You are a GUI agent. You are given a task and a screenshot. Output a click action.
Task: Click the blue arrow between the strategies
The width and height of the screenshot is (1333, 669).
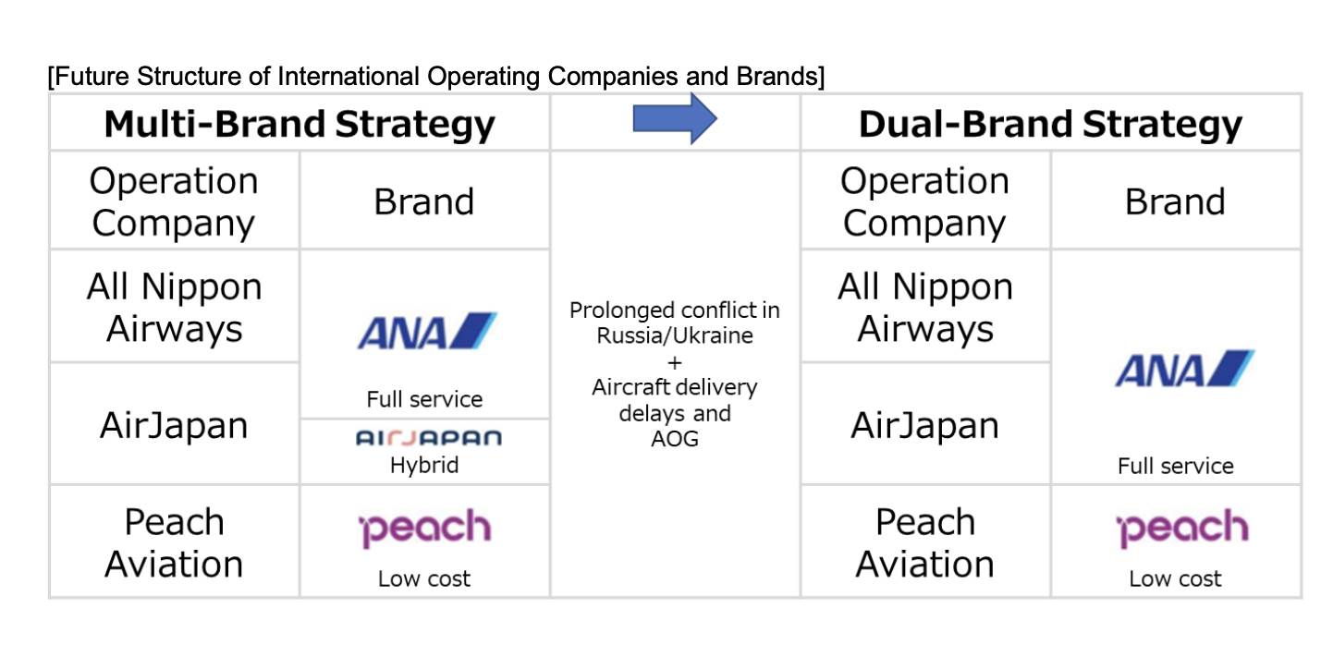pos(675,119)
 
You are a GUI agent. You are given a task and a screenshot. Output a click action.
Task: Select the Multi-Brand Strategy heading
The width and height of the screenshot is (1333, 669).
pos(300,124)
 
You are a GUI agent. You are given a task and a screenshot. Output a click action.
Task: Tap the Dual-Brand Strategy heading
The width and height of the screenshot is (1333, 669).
pos(1050,124)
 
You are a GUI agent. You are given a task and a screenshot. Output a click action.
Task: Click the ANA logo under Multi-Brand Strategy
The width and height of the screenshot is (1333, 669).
pos(426,331)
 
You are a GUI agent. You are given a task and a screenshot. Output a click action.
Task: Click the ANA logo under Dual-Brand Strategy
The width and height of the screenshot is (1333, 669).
pos(1184,368)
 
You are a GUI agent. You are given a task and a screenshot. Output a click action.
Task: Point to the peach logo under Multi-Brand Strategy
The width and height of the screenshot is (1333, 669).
pos(424,529)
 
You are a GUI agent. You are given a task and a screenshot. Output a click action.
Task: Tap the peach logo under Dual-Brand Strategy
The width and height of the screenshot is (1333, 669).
pos(1181,529)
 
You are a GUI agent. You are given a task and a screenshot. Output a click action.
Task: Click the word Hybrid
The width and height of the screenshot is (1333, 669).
pos(423,465)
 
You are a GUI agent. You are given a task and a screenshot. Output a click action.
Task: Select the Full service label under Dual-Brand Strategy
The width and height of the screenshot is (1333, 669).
pos(1175,466)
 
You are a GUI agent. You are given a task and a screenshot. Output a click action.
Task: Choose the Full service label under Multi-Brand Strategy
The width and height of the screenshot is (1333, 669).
pos(424,399)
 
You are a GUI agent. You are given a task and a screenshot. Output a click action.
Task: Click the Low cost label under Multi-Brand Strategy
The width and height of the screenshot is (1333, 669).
pos(423,579)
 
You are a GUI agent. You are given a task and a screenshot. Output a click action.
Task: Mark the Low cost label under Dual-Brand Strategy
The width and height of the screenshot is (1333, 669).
pos(1175,579)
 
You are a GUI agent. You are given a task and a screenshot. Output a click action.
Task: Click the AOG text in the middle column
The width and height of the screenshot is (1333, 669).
pos(675,439)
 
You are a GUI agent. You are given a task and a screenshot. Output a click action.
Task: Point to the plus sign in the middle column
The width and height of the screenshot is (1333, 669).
pos(674,361)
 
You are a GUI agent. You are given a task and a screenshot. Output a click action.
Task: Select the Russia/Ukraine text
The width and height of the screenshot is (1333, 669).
pos(675,335)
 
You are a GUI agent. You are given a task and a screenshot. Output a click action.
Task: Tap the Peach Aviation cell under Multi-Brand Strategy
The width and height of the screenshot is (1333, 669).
pos(174,542)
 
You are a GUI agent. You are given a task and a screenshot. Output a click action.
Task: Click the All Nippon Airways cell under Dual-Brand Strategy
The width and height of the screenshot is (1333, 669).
pos(924,308)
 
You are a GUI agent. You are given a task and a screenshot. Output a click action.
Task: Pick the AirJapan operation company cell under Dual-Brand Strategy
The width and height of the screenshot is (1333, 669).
pos(924,425)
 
